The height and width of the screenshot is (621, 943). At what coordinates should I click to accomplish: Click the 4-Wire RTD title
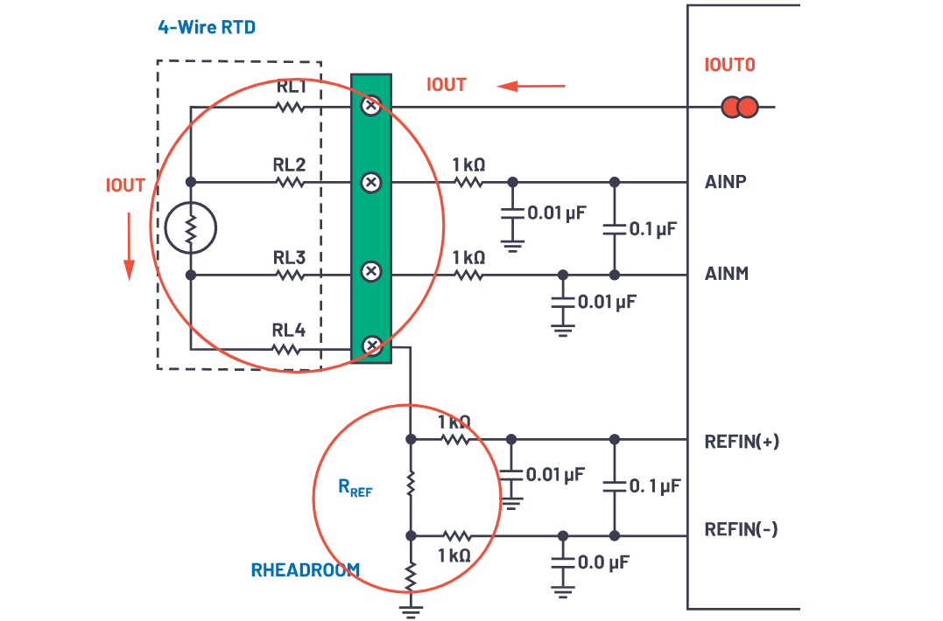(207, 27)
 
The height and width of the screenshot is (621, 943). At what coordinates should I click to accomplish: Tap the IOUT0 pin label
(729, 65)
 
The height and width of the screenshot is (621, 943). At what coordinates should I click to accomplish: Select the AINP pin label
(726, 182)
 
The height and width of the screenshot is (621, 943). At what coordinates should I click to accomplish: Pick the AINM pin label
(727, 274)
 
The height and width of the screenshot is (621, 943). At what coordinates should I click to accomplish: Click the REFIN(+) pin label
(742, 441)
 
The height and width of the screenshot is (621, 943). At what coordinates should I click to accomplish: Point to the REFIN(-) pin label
(741, 529)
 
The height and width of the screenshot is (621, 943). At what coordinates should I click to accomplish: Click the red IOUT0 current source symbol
(740, 108)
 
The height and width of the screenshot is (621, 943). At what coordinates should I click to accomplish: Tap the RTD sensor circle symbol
(190, 228)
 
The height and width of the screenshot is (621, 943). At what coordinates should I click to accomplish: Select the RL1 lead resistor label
(291, 87)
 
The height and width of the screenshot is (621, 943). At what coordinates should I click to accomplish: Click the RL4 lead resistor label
(289, 330)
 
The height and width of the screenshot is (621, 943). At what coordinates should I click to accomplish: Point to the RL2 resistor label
(289, 163)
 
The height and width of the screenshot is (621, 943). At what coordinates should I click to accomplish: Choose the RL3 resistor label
(289, 257)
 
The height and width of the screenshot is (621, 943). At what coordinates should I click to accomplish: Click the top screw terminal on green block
(371, 106)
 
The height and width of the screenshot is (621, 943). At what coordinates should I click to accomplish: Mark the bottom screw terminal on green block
(371, 346)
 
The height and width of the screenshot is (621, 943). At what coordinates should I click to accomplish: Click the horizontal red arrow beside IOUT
(531, 86)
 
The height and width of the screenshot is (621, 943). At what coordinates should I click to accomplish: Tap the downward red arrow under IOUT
(129, 247)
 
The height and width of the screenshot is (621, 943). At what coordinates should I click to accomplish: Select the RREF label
(355, 488)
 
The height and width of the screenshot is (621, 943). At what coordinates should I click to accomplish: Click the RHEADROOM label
(305, 570)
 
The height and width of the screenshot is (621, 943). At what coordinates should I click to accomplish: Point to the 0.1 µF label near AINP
(653, 229)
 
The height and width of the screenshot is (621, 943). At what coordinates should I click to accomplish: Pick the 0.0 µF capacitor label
(603, 561)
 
